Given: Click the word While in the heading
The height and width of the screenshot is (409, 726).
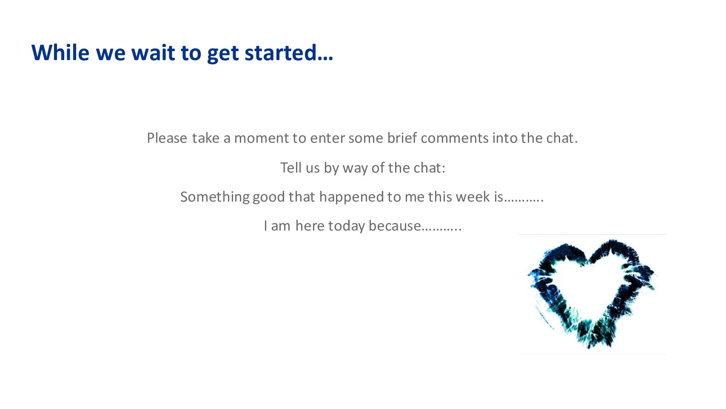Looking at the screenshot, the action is point(60,52).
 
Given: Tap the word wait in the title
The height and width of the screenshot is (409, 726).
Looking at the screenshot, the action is point(153,53).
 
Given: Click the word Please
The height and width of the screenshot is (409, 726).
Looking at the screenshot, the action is point(167,138).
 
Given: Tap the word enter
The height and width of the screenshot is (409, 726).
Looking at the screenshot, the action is point(327,138).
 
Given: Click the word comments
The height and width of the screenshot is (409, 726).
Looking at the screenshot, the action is point(455,138).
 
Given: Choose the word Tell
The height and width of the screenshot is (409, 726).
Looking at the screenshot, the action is point(291,168).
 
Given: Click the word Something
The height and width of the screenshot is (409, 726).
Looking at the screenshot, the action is point(214,197).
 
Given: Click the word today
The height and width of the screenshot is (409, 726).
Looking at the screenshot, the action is point(347,226).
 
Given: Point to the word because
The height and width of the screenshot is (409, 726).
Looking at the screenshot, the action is point(395,226).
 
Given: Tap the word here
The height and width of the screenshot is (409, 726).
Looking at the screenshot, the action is point(310,226).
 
